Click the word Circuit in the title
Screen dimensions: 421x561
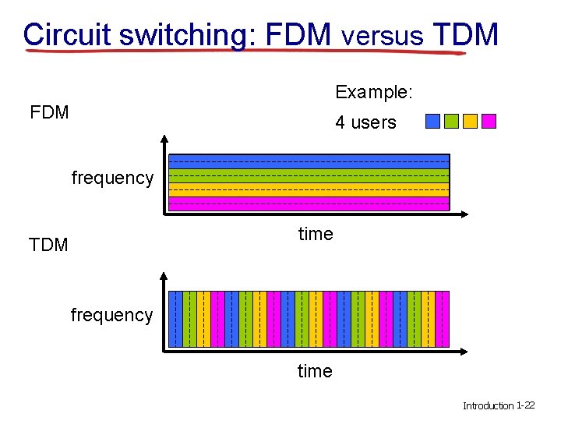point(68,35)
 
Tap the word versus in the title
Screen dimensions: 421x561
point(383,35)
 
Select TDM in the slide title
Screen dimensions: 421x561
point(464,35)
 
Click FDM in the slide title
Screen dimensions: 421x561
point(299,35)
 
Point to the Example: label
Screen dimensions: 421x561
point(374,92)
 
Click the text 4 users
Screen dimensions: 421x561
point(365,122)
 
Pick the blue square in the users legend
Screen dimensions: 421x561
point(432,121)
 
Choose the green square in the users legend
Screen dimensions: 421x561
point(451,121)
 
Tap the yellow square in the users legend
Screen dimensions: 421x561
point(470,121)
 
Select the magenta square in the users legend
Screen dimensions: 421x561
point(489,121)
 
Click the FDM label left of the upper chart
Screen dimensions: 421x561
point(49,112)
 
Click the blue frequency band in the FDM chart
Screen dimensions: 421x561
point(309,161)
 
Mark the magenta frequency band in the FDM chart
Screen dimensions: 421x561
point(309,203)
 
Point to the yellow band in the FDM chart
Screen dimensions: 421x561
point(309,189)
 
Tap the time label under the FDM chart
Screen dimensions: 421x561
point(316,234)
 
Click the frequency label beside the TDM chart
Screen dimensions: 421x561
point(111,315)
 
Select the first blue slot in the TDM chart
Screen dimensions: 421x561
point(176,319)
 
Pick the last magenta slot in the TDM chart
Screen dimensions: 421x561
point(443,319)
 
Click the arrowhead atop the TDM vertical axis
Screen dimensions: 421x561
point(164,276)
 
